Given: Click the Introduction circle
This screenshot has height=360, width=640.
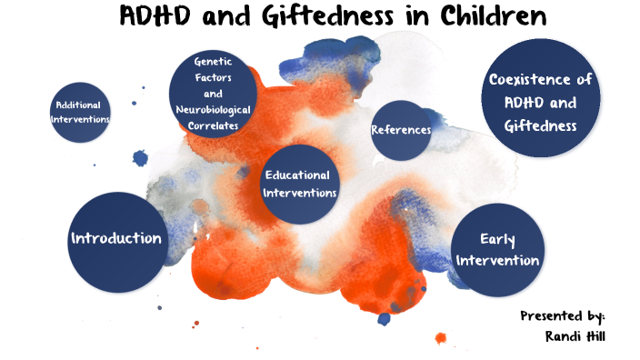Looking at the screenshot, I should point(116,239).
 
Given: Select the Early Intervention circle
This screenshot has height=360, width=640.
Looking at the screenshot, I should point(497,250).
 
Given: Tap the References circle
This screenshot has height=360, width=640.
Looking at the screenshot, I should point(401,130).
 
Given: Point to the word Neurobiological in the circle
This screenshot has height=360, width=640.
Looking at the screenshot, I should point(213,110).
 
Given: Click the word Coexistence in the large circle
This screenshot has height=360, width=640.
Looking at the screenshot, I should point(540,79).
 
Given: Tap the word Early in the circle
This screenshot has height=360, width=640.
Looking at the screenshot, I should point(497,240).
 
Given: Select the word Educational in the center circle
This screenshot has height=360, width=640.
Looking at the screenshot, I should point(297,175).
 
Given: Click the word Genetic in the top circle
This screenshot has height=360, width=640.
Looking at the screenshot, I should point(214,62).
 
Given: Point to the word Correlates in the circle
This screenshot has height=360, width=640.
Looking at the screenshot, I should point(213,125).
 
